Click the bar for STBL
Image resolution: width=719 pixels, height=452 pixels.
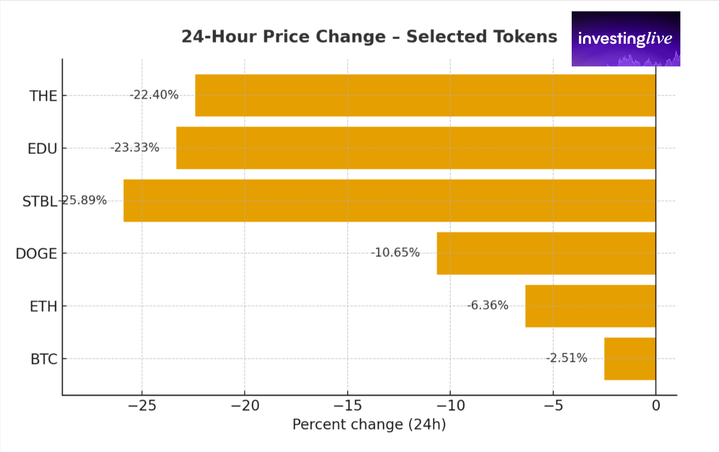tap(389, 201)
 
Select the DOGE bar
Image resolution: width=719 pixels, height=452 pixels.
tap(546, 253)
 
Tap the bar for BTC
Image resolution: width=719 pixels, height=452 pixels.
tap(629, 359)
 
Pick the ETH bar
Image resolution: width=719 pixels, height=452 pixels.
tap(590, 306)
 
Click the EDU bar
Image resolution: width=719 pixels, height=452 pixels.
tap(416, 148)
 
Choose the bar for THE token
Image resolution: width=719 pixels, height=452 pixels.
tap(425, 95)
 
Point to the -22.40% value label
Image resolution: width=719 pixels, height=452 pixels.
tap(154, 95)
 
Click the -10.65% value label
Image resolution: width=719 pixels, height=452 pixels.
tap(395, 253)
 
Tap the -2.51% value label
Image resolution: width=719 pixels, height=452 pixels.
tap(567, 358)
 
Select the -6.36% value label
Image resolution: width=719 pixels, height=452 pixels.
tap(488, 305)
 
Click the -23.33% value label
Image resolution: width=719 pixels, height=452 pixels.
tap(135, 148)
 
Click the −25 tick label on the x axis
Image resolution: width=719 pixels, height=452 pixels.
tap(142, 406)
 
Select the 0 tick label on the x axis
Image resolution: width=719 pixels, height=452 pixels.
tap(656, 406)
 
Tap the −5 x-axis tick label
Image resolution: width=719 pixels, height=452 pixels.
tap(553, 406)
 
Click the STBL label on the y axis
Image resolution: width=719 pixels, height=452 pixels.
tap(39, 201)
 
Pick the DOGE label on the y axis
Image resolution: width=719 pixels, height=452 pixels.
tap(36, 254)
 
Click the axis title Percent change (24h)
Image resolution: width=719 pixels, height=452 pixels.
tap(369, 425)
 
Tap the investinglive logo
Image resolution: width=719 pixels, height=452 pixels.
tap(625, 39)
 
